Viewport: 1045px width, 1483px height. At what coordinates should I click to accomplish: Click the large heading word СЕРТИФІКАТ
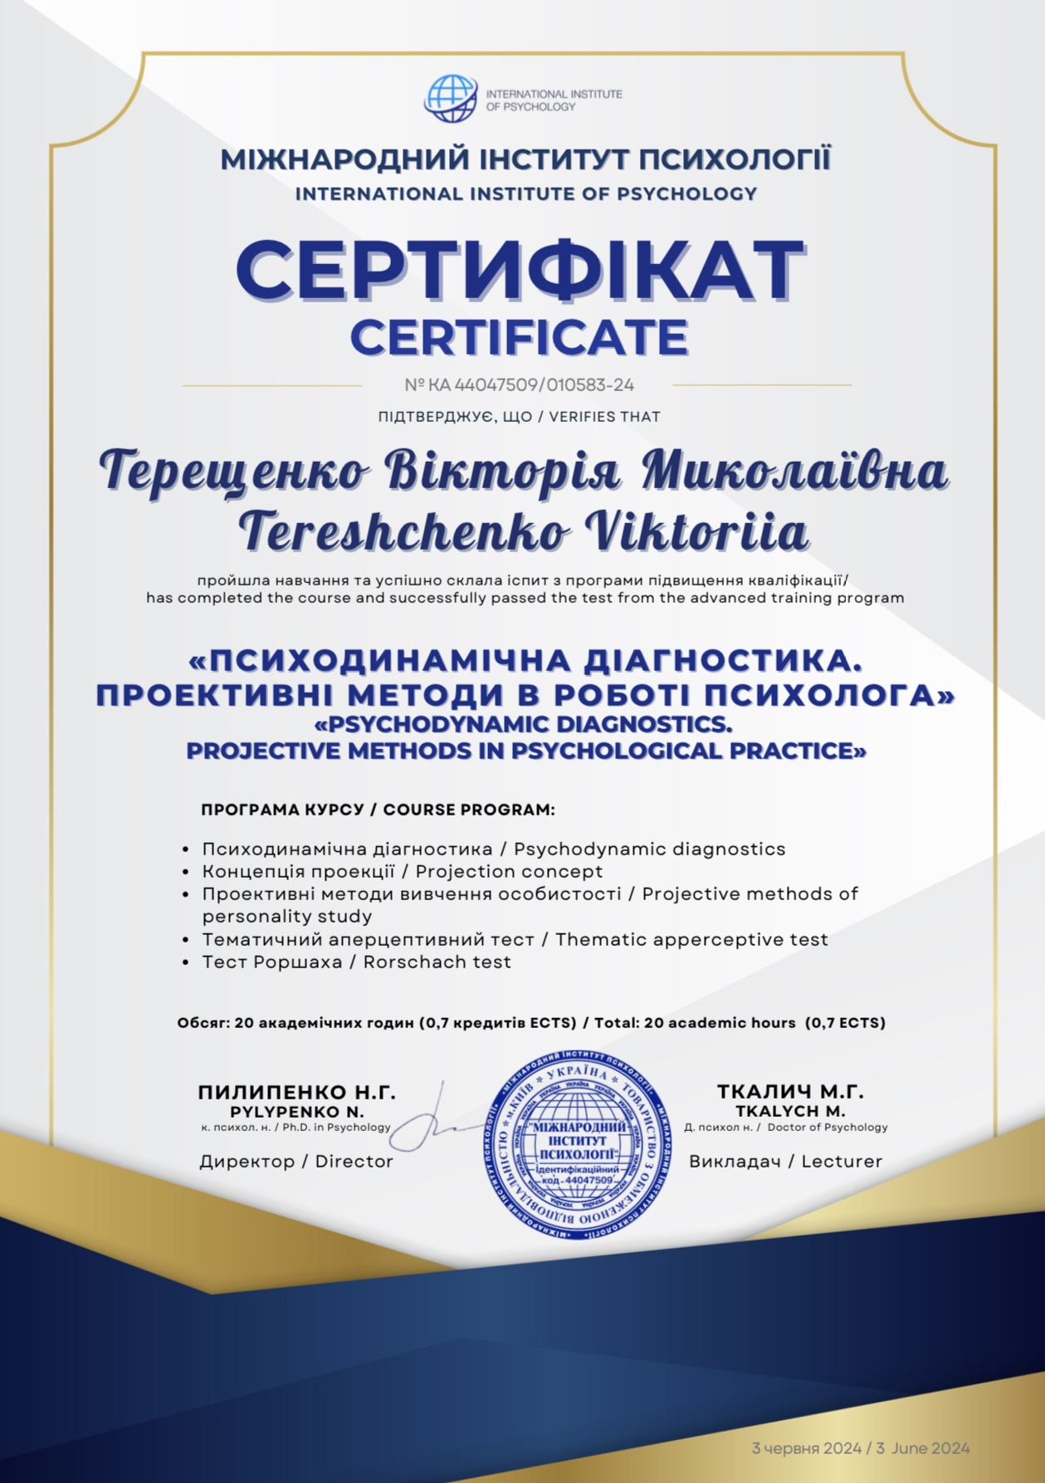[520, 271]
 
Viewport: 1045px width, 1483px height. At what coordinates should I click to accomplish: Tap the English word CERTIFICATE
[519, 337]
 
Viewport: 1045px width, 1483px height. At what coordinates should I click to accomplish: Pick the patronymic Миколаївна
[794, 471]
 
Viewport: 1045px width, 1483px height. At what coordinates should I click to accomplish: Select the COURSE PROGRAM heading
[469, 810]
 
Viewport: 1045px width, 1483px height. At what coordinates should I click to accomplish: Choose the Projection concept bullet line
[509, 872]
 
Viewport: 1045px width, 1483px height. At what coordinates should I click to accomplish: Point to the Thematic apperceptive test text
[691, 940]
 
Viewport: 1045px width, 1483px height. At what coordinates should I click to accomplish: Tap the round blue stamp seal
[578, 1147]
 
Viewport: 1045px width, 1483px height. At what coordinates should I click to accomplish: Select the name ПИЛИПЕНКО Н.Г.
[296, 1093]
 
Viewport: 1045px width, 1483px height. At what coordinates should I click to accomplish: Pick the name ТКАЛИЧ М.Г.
[790, 1092]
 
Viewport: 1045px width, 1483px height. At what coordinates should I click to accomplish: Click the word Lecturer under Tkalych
[842, 1162]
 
